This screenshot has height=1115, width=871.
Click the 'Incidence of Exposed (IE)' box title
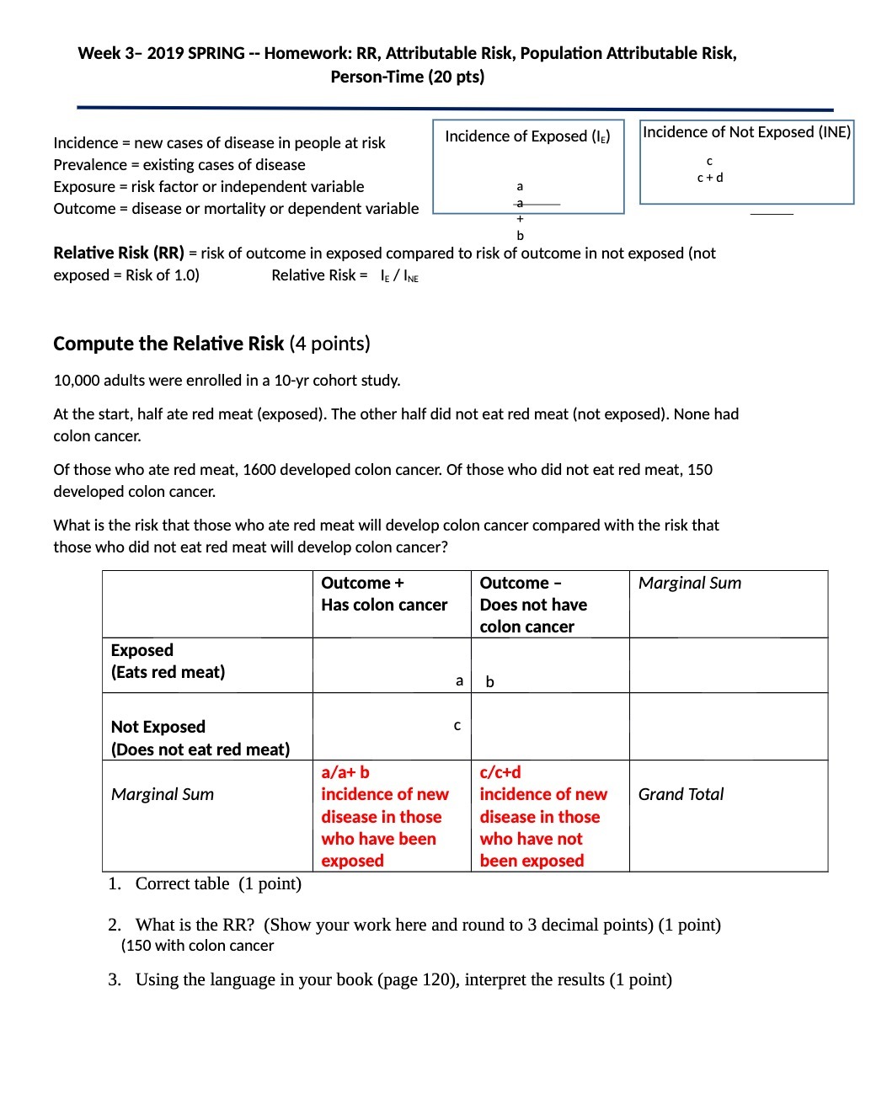coord(527,136)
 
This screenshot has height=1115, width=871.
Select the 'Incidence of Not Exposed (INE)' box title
coord(746,132)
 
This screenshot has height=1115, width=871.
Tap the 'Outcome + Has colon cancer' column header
coord(384,594)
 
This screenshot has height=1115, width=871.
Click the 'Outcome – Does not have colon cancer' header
coord(533,605)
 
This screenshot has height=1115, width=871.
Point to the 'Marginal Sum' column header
coord(690,583)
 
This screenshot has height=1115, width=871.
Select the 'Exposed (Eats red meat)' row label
coord(168,661)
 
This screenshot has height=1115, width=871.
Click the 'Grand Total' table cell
coord(681,794)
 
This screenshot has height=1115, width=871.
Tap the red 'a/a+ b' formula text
coord(345,772)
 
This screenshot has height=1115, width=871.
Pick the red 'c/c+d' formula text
coord(500,772)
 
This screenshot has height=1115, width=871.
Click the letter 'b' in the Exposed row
coord(489,682)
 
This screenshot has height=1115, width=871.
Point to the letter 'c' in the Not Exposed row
coord(457,725)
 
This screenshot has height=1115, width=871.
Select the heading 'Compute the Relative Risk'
coord(168,344)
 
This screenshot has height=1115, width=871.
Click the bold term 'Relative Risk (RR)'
coord(119,253)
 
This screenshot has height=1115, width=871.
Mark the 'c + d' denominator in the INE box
coord(710,178)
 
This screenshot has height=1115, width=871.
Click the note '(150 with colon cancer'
coord(197,946)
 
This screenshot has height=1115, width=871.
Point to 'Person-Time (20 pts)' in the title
coord(407,77)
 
